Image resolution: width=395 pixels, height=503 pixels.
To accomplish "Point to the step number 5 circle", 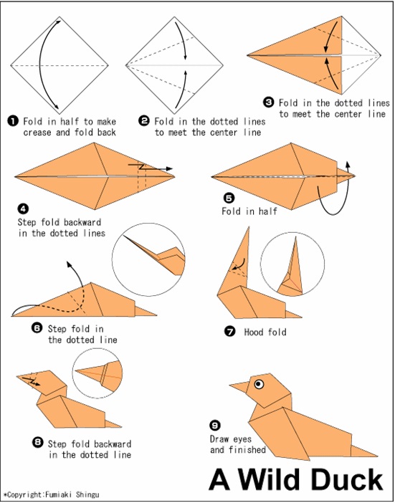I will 229,198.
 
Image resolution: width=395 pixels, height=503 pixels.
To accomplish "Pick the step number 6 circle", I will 37,327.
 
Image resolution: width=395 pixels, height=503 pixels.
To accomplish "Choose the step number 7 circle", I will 229,332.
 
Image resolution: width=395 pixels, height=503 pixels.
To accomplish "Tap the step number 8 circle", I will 37,442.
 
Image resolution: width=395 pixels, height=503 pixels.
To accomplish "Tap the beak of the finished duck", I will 238,388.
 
